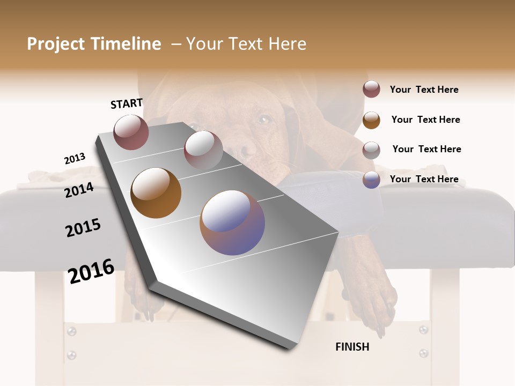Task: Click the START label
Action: (127, 103)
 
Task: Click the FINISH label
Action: (352, 347)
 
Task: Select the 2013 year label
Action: (75, 159)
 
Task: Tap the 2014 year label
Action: (79, 190)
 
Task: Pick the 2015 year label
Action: (83, 228)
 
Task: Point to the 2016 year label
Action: (91, 271)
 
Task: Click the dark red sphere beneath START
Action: (131, 132)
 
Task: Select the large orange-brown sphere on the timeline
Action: (156, 193)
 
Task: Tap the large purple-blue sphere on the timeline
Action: (232, 222)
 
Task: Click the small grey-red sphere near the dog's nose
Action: (203, 150)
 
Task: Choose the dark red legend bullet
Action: (371, 89)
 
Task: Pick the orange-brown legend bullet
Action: (371, 120)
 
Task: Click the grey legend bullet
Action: (371, 150)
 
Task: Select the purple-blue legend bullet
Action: (371, 180)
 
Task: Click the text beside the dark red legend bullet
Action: (424, 90)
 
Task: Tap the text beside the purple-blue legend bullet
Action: (424, 179)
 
